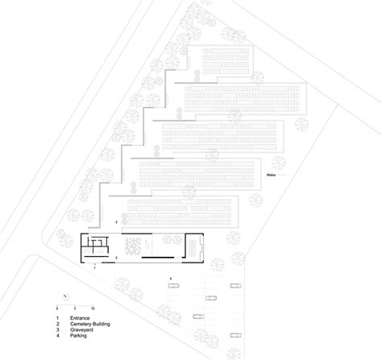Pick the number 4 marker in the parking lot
coord(170,279)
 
